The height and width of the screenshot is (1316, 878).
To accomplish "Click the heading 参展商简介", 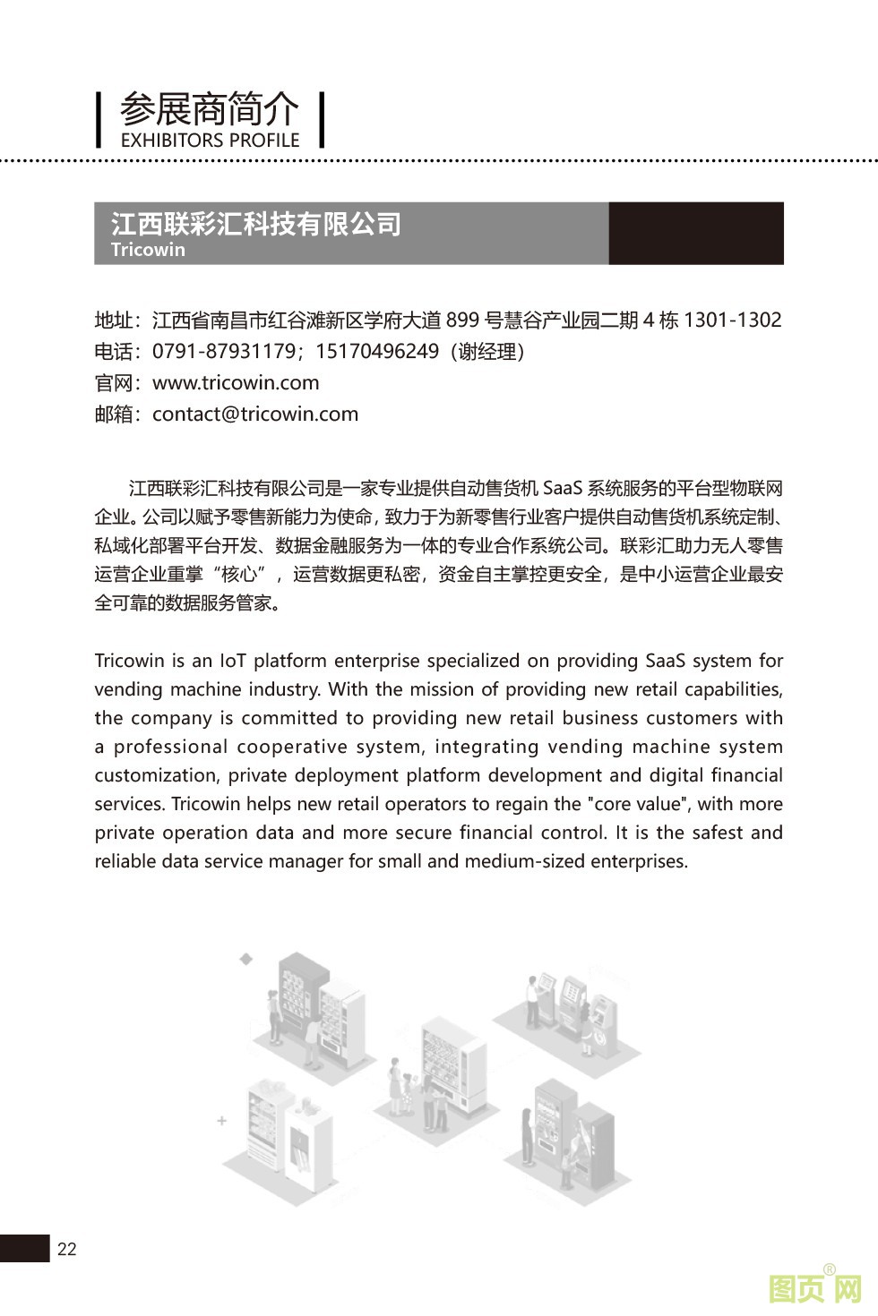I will pyautogui.click(x=210, y=110).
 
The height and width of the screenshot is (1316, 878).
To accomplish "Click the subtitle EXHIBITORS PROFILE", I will pyautogui.click(x=210, y=141).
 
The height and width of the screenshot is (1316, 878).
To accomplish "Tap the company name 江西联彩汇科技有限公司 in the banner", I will pyautogui.click(x=256, y=223).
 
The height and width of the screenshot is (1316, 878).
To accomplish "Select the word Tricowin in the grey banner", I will pyautogui.click(x=148, y=250).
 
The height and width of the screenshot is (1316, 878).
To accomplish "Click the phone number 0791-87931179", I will pyautogui.click(x=223, y=352).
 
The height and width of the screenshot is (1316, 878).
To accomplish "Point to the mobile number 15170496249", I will pyautogui.click(x=377, y=352).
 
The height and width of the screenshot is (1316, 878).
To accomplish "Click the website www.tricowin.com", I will pyautogui.click(x=236, y=383).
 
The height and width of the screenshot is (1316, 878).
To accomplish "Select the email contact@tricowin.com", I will pyautogui.click(x=255, y=414).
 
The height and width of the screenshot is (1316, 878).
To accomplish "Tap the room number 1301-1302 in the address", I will pyautogui.click(x=732, y=320).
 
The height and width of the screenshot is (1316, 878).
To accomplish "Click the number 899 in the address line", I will pyautogui.click(x=462, y=320).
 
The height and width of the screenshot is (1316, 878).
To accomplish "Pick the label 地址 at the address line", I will pyautogui.click(x=114, y=320).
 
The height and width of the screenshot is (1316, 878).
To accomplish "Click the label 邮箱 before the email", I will pyautogui.click(x=114, y=414).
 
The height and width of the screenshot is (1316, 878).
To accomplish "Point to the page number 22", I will pyautogui.click(x=67, y=1250).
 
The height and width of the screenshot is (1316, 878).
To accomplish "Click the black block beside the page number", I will pyautogui.click(x=24, y=1249).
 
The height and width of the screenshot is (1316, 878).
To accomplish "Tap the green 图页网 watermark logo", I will pyautogui.click(x=814, y=1288).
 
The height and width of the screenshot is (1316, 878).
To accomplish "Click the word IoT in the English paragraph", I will pyautogui.click(x=233, y=662).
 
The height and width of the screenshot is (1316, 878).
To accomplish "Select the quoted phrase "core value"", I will pyautogui.click(x=641, y=805).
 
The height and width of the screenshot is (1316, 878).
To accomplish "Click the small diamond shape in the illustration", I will pyautogui.click(x=246, y=959).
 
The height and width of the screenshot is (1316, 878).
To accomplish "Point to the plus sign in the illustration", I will pyautogui.click(x=222, y=1120).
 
